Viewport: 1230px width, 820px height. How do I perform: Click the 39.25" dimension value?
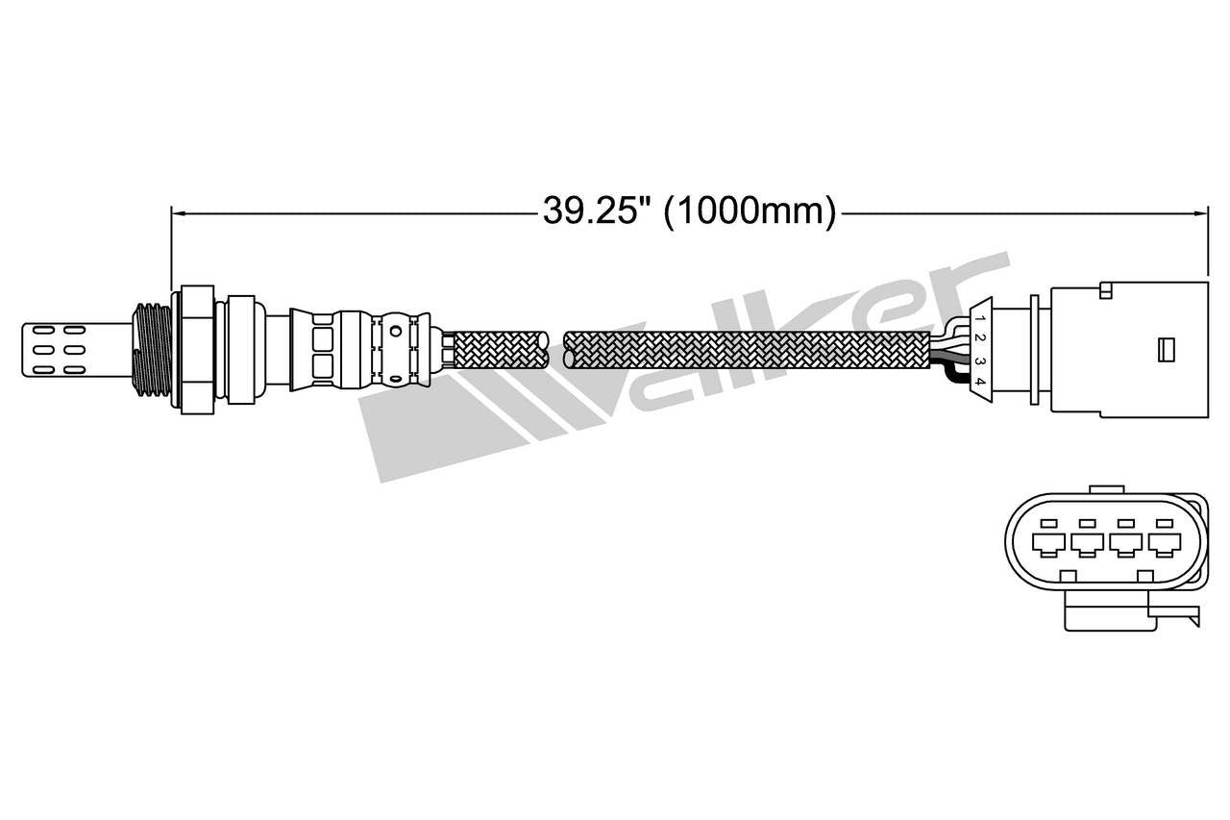tap(592, 211)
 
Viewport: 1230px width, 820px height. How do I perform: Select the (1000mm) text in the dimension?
tap(750, 211)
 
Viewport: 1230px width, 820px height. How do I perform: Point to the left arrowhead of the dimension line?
tap(177, 211)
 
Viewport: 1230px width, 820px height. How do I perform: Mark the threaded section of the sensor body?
tap(152, 348)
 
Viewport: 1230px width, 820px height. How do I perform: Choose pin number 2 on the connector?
tap(979, 337)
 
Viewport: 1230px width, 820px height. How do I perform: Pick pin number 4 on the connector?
tap(979, 383)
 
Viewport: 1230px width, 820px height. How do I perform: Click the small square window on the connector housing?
tap(1168, 347)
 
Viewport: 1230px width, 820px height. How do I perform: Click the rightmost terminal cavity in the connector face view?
tap(1165, 544)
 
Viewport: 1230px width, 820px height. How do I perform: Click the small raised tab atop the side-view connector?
tap(1106, 287)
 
